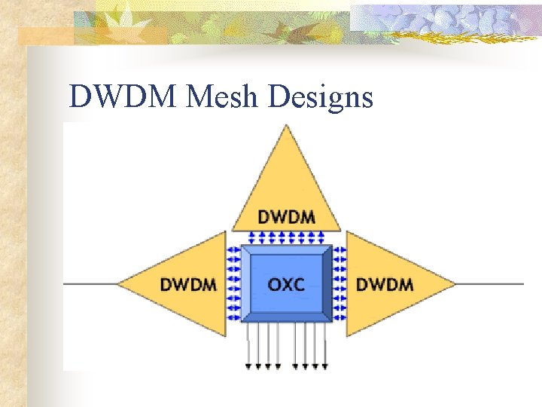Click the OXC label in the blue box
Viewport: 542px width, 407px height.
tap(286, 285)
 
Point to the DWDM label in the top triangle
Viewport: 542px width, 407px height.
tap(286, 217)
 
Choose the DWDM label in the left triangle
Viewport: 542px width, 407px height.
tap(188, 285)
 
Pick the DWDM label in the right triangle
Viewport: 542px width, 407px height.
tap(384, 285)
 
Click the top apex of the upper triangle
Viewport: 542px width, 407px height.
tap(286, 125)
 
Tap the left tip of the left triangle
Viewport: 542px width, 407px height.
tap(117, 283)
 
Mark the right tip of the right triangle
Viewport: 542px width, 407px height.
tap(455, 283)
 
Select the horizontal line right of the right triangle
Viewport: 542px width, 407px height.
tap(489, 283)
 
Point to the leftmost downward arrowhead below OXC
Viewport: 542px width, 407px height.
tap(248, 366)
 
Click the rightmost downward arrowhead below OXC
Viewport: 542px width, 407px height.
tap(325, 366)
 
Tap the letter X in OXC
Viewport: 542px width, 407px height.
tap(286, 285)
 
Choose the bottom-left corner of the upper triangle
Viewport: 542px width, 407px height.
tap(233, 229)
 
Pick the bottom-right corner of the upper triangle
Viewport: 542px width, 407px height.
tap(340, 229)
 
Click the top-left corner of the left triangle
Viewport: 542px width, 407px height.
tap(225, 231)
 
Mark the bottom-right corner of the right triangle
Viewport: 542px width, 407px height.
tap(347, 335)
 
